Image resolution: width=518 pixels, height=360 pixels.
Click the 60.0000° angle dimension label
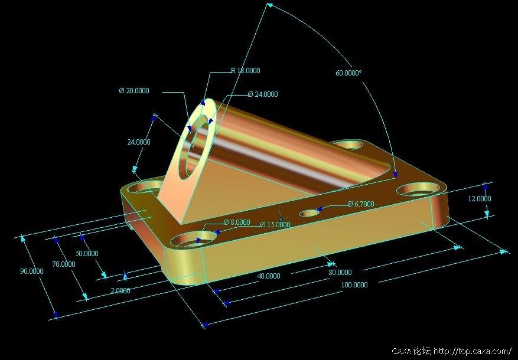tap(349, 73)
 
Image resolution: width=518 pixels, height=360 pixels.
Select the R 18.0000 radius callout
tap(245, 70)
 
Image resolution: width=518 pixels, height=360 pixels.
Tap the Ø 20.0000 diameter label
tap(134, 90)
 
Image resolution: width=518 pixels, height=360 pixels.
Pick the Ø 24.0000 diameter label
tap(263, 94)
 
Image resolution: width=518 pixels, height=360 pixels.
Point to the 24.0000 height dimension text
tap(139, 142)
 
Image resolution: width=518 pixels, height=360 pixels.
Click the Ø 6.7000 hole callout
tap(361, 204)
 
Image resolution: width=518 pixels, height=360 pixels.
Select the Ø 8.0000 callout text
tap(236, 222)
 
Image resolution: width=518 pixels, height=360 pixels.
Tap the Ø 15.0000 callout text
tap(275, 224)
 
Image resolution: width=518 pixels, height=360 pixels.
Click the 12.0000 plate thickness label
tap(480, 198)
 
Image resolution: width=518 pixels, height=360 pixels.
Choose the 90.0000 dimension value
tap(32, 271)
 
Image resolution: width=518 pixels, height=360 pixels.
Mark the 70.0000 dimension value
tap(64, 264)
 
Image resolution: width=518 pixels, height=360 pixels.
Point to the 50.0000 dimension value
tap(87, 253)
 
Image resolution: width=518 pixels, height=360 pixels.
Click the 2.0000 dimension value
tap(120, 290)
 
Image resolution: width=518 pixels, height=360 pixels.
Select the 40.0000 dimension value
tap(269, 276)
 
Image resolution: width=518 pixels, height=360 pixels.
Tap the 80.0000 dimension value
tap(340, 272)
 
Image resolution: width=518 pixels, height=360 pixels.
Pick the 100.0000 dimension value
tap(354, 284)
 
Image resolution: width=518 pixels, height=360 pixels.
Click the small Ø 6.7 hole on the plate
tap(310, 213)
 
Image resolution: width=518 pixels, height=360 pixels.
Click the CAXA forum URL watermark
tap(451, 351)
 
